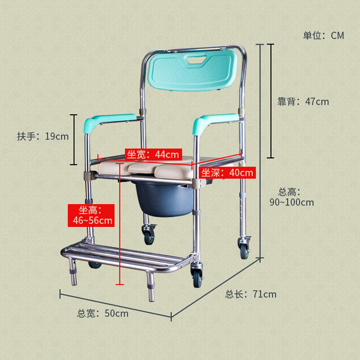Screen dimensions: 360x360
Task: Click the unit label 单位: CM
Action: [x=323, y=36]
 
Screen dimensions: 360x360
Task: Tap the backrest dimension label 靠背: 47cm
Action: [x=303, y=101]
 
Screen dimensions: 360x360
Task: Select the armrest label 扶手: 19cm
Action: [x=43, y=136]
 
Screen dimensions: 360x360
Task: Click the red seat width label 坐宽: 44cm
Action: [x=153, y=154]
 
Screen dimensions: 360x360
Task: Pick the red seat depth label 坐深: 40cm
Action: [x=227, y=172]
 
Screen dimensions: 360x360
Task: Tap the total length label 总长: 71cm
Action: [x=251, y=294]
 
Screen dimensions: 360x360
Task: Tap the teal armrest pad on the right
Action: [x=215, y=121]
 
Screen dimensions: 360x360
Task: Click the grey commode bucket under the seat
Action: [x=160, y=198]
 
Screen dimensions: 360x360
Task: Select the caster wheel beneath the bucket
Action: [x=148, y=234]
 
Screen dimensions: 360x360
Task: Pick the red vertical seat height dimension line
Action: [x=119, y=225]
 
